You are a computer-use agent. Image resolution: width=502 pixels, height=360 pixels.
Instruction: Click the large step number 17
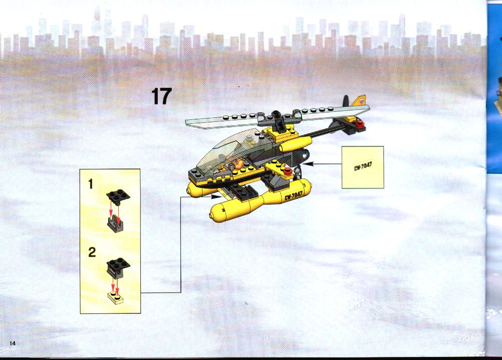coord(161,96)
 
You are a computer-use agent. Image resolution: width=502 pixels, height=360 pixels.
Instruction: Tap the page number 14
coord(12,343)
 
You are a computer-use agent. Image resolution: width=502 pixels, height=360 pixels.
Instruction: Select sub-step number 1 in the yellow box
coord(91,184)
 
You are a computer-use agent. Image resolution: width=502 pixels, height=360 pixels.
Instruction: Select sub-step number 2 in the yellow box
coord(92,252)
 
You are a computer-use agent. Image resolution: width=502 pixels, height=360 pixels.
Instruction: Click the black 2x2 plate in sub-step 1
coord(118,195)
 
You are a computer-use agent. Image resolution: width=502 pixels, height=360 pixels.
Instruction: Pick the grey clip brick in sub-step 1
coord(116,224)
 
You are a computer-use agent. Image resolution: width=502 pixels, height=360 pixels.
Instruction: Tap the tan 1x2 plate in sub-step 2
coord(116,297)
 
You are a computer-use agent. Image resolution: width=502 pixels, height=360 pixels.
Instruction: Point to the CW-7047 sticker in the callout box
coord(363,166)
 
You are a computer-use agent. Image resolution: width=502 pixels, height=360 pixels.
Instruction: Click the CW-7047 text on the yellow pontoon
coord(294,195)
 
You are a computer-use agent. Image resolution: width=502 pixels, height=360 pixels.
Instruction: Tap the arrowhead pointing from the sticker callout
coord(308,163)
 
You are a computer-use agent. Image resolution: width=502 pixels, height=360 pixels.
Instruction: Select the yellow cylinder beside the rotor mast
coord(296,144)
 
